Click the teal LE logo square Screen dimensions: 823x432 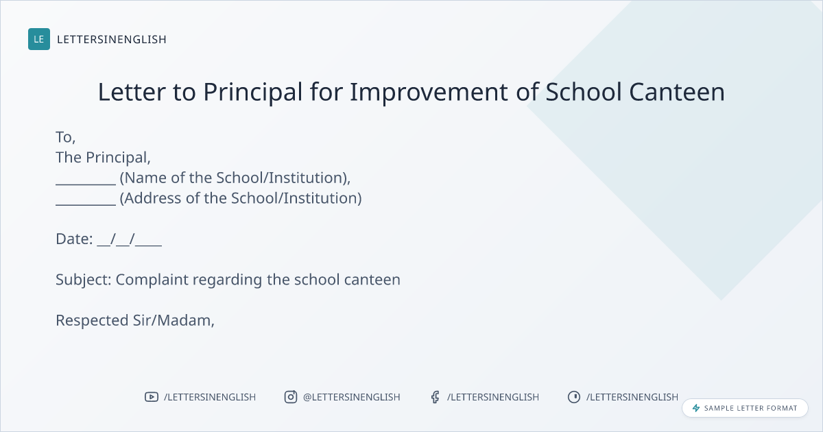[39, 39]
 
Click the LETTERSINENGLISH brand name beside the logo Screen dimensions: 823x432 [112, 39]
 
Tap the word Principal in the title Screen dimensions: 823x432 [253, 92]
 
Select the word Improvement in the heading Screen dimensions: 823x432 [429, 92]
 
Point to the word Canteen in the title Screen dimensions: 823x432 [677, 92]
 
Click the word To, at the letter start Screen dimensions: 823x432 [65, 137]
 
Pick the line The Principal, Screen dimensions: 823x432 [103, 158]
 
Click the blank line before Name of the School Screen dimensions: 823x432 [86, 184]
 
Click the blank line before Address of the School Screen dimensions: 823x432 [86, 205]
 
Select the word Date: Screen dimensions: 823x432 [74, 239]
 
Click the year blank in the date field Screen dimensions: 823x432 [148, 245]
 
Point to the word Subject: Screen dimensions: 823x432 [84, 280]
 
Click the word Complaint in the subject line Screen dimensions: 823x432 [152, 280]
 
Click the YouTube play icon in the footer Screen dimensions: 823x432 [152, 397]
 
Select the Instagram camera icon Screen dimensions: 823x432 [291, 397]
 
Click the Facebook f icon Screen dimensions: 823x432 [436, 397]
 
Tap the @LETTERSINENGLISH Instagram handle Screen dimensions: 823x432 [352, 397]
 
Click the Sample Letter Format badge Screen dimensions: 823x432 [745, 408]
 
